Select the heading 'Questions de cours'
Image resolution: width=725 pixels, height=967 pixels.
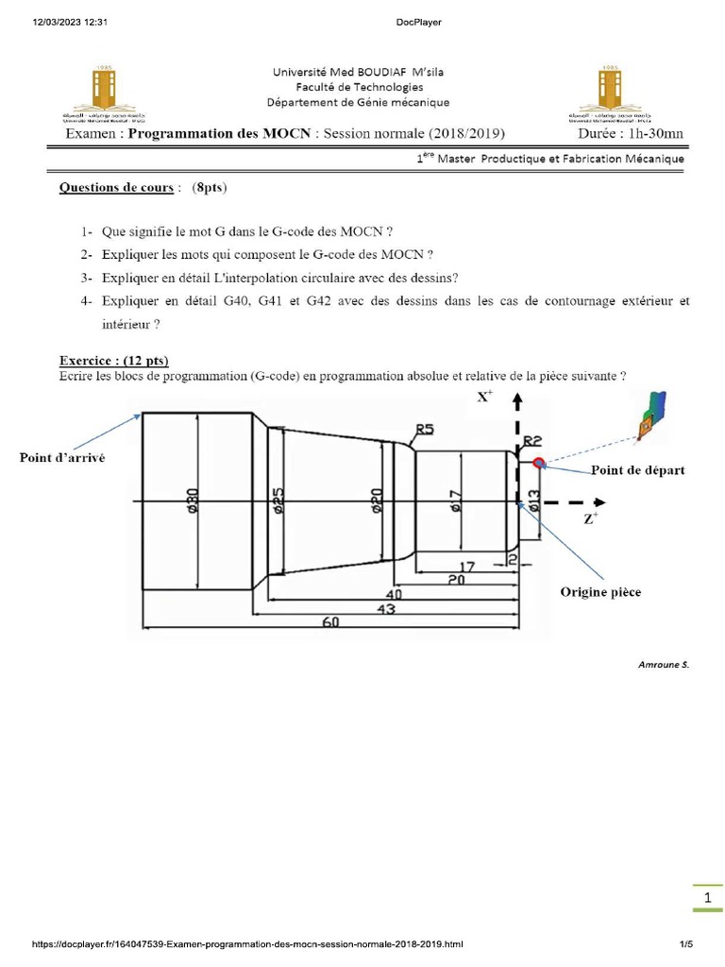point(116,187)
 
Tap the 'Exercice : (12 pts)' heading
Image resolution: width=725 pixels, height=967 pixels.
point(113,361)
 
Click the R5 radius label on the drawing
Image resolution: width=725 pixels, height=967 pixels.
point(424,430)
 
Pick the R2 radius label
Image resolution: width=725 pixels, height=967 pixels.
point(531,441)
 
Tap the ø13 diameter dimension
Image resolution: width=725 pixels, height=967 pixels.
point(534,500)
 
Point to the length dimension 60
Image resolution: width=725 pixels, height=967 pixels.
point(331,623)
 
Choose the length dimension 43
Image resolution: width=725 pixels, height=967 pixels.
point(385,610)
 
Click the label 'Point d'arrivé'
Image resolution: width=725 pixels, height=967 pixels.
point(62,458)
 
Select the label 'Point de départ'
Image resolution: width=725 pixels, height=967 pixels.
point(637,469)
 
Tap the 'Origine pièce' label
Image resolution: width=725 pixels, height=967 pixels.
point(599,592)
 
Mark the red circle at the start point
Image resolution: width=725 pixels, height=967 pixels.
point(539,463)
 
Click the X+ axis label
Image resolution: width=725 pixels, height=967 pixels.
point(484,398)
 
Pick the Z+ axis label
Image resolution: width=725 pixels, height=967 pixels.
point(590,518)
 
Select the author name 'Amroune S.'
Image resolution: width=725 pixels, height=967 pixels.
point(664,664)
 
